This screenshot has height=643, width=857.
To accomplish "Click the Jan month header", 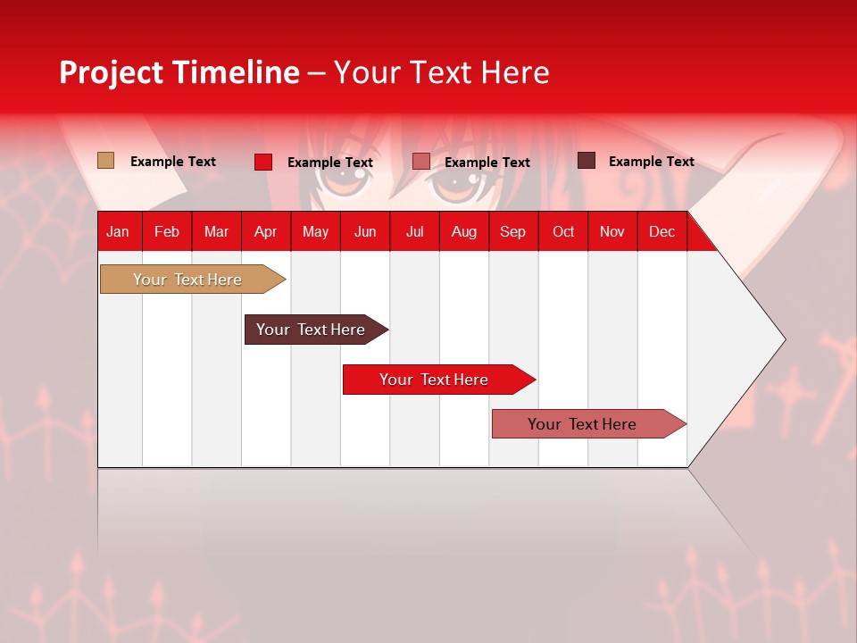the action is tap(118, 232).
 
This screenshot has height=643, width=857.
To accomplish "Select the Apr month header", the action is tap(266, 232).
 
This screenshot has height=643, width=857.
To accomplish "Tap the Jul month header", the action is tap(415, 232).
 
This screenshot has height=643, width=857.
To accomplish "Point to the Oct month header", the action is tap(563, 232).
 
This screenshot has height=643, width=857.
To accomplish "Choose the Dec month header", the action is tap(661, 232).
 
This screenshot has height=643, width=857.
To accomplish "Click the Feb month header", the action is tap(167, 232).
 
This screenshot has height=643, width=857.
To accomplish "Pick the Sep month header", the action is tap(512, 232).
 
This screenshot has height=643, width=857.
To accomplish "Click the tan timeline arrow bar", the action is tap(193, 280).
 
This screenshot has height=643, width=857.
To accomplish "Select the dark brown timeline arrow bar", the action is tap(317, 330).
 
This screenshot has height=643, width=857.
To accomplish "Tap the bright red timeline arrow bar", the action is tap(439, 380).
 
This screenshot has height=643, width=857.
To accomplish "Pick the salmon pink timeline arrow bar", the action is tap(589, 423).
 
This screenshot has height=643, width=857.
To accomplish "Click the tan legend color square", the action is tap(105, 160).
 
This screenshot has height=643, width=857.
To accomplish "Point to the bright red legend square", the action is tap(263, 162).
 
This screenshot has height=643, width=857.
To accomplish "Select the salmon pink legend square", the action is tap(420, 162).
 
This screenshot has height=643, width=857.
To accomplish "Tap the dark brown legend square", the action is tap(587, 160).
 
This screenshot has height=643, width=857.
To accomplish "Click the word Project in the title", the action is tap(111, 72).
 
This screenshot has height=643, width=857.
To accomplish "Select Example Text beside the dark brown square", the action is tap(652, 162).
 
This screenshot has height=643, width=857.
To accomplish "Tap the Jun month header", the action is tap(365, 232).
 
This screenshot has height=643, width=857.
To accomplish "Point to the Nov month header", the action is tap(612, 232).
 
